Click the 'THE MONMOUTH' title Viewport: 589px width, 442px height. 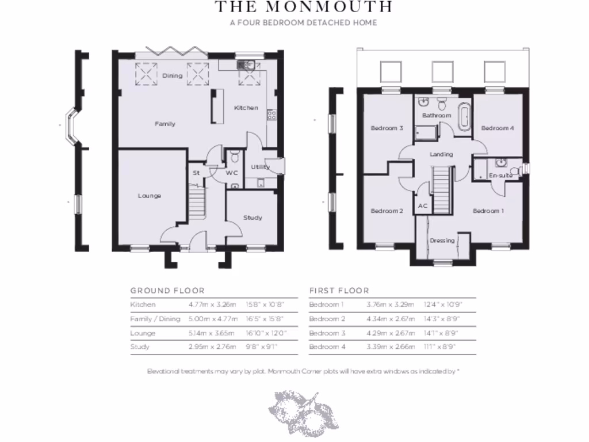(303, 7)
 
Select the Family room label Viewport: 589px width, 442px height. (165, 124)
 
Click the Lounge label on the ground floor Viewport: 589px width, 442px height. (149, 196)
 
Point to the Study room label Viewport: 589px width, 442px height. (253, 218)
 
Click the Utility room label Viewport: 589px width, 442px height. (260, 167)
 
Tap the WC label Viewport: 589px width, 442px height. (232, 173)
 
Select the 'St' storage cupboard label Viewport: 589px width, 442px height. (196, 172)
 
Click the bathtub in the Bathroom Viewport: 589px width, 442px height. (463, 118)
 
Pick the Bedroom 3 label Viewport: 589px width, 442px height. (387, 128)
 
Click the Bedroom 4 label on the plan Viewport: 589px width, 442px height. (498, 128)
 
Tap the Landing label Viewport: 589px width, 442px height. (441, 154)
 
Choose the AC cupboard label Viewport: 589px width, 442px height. (423, 205)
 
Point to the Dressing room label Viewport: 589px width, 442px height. (442, 241)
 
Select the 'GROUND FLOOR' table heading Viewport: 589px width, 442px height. (167, 291)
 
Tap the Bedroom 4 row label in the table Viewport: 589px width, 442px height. (326, 346)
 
